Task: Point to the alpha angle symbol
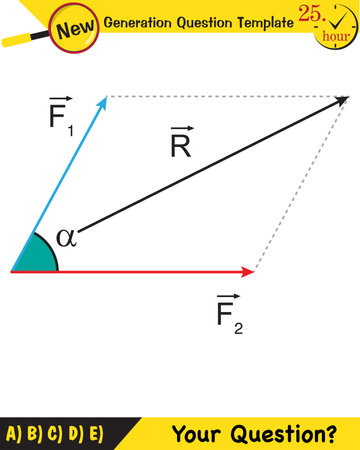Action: click(67, 238)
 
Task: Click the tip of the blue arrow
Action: click(104, 97)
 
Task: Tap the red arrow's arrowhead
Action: click(249, 271)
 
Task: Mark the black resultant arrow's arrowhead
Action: click(342, 100)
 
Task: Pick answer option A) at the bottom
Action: click(14, 434)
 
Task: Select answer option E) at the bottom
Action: click(94, 434)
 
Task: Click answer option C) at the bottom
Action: click(54, 434)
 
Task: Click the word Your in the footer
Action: click(198, 434)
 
